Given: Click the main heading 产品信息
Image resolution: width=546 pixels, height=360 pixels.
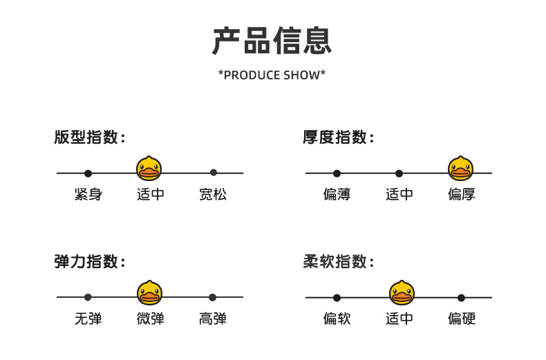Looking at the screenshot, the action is pos(272,41).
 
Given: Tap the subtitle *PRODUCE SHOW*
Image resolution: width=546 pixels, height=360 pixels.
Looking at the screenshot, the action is pos(272,75).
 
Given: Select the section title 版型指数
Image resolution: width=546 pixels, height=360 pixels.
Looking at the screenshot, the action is pos(89,137).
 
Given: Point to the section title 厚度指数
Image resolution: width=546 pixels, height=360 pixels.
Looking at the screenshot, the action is pos(338,137).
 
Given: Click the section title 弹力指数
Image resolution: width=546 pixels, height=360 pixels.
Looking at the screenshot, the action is pos(89,261).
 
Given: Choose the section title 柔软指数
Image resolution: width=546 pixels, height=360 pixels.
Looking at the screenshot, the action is pos(338,261).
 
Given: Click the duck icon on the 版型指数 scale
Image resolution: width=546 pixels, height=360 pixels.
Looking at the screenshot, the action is pos(149,169).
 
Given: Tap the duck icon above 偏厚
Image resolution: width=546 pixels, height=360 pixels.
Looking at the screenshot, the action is pos(461,169).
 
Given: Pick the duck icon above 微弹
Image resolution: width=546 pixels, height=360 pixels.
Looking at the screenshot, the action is pos(149,293).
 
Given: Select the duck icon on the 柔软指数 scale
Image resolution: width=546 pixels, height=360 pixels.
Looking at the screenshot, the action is pos(402,293).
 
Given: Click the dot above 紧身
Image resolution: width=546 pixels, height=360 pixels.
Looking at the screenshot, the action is pos(88,173).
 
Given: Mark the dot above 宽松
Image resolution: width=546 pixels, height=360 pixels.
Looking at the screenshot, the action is pos(214,172).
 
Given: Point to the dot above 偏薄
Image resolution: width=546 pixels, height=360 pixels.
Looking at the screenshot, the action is pos(337,173).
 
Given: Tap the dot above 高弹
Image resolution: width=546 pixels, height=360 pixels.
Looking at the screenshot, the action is pos(212,297).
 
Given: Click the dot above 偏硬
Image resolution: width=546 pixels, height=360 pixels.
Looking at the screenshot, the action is pos(462,298).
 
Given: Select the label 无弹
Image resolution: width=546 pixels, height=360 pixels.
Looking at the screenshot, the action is pos(88,319).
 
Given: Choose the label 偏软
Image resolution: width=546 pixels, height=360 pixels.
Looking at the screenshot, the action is pos(337,319).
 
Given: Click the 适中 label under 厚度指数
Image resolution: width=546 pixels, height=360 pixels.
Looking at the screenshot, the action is pos(399,194).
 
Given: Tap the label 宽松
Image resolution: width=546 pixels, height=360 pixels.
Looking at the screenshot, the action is pos(213,194).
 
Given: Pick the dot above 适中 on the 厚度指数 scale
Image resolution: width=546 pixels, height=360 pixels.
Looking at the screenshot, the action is pos(399,173).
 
